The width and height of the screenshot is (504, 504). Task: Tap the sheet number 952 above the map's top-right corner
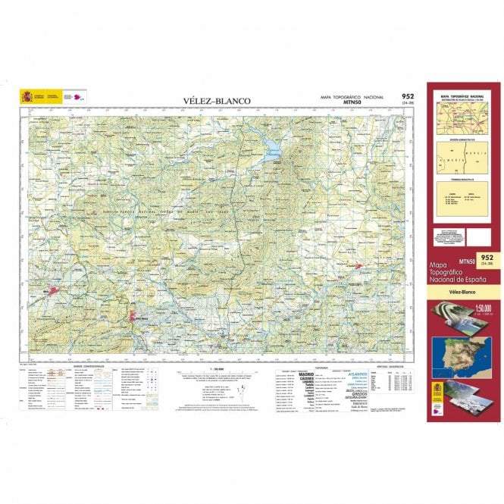pyautogui.click(x=407, y=96)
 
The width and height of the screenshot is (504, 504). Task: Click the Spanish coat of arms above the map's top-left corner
pyautogui.click(x=27, y=96)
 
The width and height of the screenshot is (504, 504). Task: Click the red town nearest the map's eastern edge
pyautogui.click(x=356, y=265)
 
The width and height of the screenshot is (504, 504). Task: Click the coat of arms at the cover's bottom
pyautogui.click(x=437, y=392)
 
